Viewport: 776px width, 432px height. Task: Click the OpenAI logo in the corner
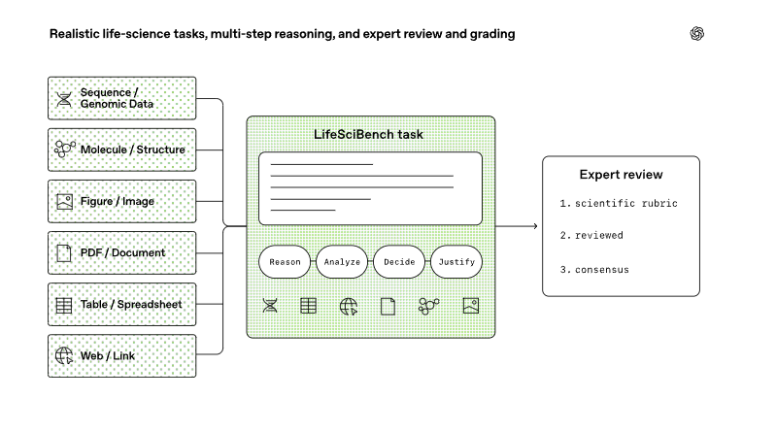click(x=696, y=34)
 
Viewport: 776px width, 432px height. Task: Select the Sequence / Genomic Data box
click(x=121, y=98)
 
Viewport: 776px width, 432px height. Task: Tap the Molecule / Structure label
click(x=133, y=150)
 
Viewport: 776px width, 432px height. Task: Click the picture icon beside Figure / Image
click(x=64, y=201)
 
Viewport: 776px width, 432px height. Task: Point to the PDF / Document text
click(x=122, y=252)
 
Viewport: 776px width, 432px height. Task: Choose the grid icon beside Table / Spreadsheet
click(x=64, y=306)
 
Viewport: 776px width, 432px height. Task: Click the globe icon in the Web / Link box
click(x=64, y=356)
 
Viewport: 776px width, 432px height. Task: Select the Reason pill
click(x=285, y=262)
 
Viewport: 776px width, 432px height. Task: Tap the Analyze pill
click(x=342, y=262)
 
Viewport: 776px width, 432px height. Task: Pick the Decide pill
click(x=399, y=262)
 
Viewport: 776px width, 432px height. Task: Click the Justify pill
click(x=456, y=262)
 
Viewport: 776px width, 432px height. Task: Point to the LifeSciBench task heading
click(x=368, y=135)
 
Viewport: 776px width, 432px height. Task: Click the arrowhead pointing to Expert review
click(x=535, y=226)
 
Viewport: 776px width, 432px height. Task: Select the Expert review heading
click(x=622, y=175)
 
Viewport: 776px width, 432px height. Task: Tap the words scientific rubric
click(x=626, y=204)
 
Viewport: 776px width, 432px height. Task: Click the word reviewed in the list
click(x=599, y=236)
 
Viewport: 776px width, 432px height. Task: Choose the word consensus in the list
click(x=602, y=270)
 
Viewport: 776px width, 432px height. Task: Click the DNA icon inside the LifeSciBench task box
click(x=270, y=306)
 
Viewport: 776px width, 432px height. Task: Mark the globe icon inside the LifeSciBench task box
click(x=349, y=307)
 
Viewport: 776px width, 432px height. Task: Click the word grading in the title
click(x=492, y=34)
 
